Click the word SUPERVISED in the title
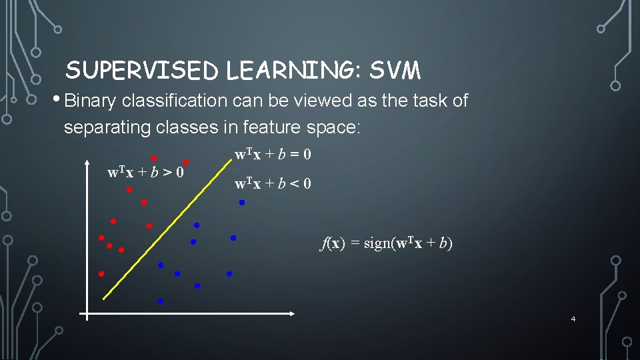pos(143,70)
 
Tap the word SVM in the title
pos(395,70)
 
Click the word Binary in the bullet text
pos(90,101)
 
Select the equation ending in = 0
pos(273,155)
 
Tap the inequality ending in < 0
pos(273,184)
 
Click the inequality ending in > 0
pos(146,173)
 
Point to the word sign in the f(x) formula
pos(379,243)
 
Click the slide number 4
pos(573,319)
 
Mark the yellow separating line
pos(160,227)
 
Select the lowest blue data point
pos(161,301)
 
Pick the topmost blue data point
pos(242,202)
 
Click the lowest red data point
pos(101,273)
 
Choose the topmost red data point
pos(153,158)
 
